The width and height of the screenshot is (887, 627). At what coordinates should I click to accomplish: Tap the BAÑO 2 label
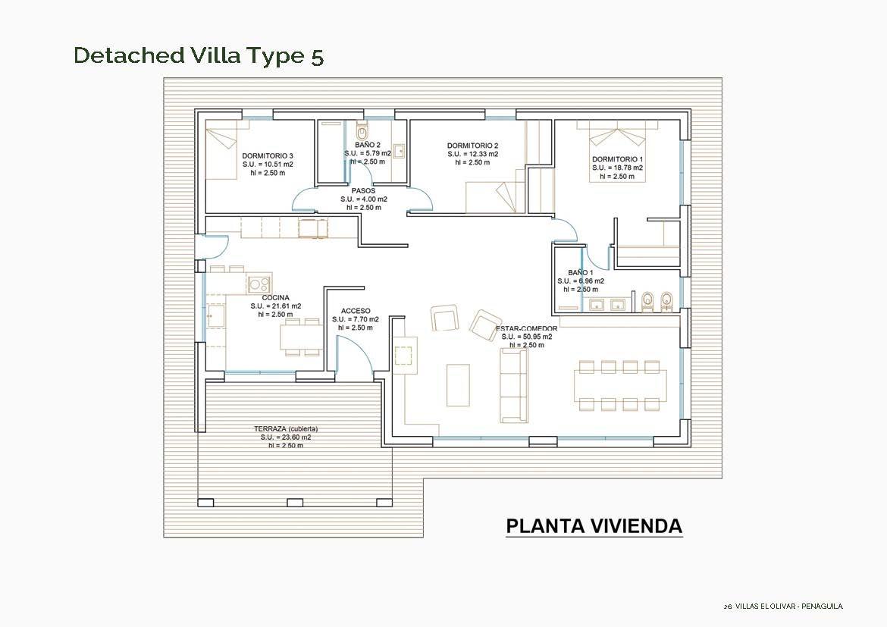[x=367, y=145]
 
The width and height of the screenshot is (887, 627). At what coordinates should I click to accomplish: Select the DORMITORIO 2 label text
[x=472, y=146]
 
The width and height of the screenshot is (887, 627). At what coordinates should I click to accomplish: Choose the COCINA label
[x=275, y=298]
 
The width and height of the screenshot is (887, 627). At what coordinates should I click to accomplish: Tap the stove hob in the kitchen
[x=259, y=284]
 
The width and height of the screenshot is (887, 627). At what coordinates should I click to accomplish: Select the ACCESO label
[x=356, y=311]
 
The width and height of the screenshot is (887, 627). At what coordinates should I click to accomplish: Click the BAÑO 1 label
[x=580, y=272]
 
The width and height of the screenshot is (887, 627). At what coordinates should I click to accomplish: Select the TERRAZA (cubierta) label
[x=286, y=429]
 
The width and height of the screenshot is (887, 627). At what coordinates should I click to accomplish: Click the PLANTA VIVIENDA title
[x=594, y=526]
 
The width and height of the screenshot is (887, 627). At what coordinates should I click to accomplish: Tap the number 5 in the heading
[x=317, y=57]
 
